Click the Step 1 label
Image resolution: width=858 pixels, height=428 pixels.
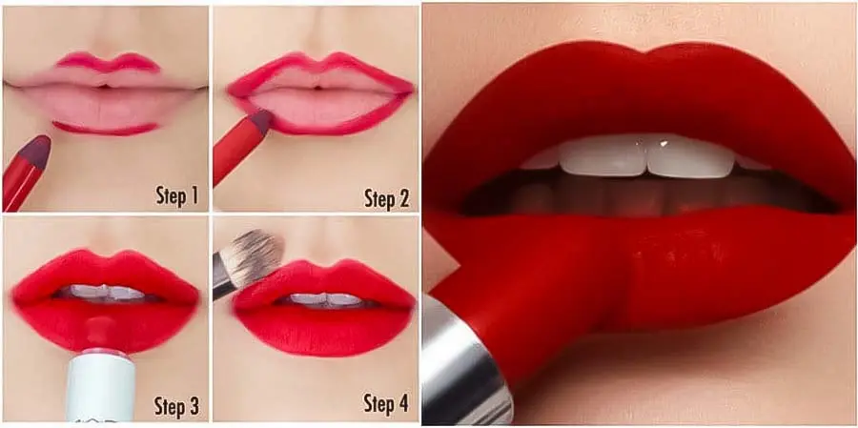[176, 195]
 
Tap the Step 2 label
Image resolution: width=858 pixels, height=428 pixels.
[387, 198]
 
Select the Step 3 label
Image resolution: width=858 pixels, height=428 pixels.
[176, 407]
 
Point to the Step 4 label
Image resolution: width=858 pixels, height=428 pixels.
[386, 403]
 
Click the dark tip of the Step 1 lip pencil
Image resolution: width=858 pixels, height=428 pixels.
[37, 152]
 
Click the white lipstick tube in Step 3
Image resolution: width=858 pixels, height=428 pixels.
[101, 386]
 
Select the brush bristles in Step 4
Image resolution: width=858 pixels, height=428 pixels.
[252, 257]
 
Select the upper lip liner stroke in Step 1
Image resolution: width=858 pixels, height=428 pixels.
[110, 62]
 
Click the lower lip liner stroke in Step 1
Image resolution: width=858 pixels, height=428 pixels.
[105, 130]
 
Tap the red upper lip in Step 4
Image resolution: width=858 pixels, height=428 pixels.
[324, 282]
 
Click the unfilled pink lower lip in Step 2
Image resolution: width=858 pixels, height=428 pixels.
[321, 107]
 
